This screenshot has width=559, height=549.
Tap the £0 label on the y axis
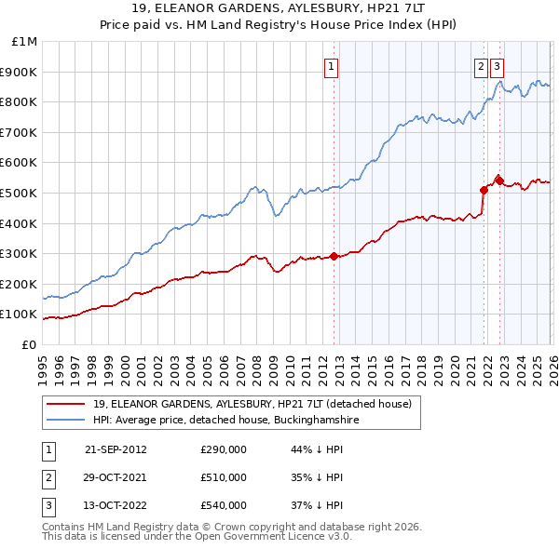(29, 344)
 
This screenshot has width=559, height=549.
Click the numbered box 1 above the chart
(332, 66)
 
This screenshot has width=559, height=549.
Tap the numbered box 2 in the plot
(481, 66)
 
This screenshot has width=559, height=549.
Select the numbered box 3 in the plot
(497, 66)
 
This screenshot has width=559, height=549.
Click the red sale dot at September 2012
(334, 257)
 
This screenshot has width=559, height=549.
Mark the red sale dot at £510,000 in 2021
(484, 190)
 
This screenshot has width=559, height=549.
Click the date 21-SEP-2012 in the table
(116, 449)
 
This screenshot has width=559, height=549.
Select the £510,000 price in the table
(224, 477)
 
